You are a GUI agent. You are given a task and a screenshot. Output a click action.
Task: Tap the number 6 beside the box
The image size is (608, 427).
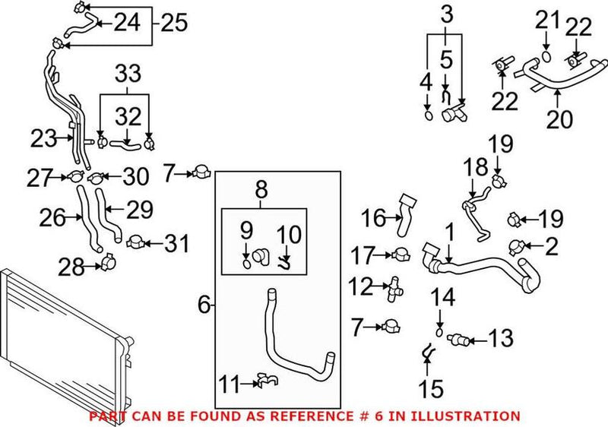coord(204,305)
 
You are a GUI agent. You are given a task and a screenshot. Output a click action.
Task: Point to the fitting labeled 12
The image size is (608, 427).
coord(395,287)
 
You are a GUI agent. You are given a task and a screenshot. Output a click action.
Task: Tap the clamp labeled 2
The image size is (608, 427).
coord(518,245)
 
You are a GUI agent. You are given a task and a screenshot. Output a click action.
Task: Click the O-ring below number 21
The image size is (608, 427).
coord(547,55)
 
